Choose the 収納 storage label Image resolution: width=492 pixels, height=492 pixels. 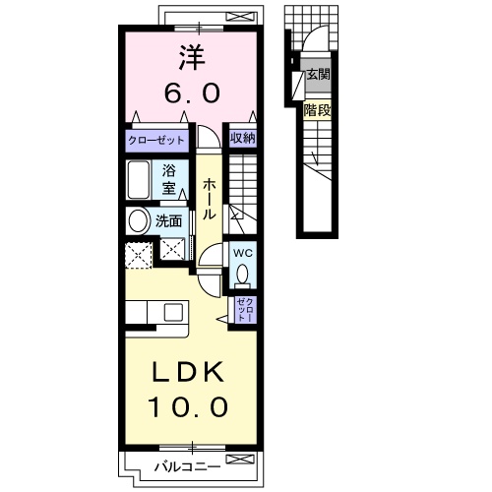[x=242, y=139]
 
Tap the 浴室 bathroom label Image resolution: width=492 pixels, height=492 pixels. [x=170, y=180]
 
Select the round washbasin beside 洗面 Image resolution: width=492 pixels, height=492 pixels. [x=138, y=220]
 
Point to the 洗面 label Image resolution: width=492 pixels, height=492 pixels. [x=169, y=221]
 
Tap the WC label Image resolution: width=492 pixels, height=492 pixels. [x=242, y=252]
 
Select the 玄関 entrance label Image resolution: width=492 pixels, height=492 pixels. [x=317, y=74]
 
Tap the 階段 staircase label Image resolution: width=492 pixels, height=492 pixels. [x=317, y=110]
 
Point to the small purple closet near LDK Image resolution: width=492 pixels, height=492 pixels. [x=243, y=311]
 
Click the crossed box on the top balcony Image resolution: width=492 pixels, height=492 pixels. [x=237, y=15]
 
